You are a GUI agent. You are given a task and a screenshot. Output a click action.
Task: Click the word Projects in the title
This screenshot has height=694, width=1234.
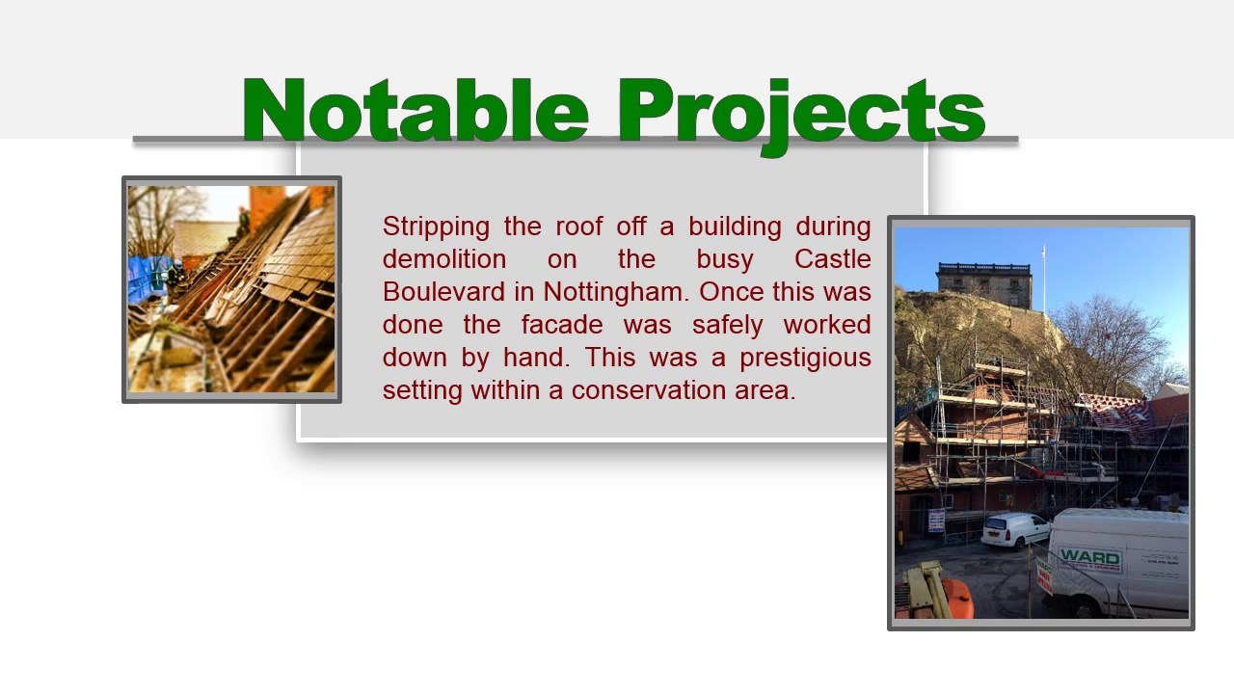click(x=800, y=112)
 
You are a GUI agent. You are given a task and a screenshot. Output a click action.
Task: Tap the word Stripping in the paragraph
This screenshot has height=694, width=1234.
click(x=436, y=227)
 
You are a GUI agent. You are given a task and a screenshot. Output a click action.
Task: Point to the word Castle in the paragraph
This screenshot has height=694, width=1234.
click(x=832, y=259)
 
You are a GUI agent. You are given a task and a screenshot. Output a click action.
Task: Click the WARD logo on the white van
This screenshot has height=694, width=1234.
click(x=1089, y=558)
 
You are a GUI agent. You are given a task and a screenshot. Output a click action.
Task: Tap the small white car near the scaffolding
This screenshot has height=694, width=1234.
click(x=1014, y=529)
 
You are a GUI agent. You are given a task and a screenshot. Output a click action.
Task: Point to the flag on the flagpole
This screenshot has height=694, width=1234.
click(x=1043, y=252)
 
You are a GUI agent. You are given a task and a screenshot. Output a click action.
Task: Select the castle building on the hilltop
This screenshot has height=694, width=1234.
click(x=982, y=283)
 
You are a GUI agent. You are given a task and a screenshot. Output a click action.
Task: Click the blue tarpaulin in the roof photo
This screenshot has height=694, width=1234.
click(x=147, y=279)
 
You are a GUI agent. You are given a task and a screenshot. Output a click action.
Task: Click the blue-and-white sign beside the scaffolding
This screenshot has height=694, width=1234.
click(x=936, y=520)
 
